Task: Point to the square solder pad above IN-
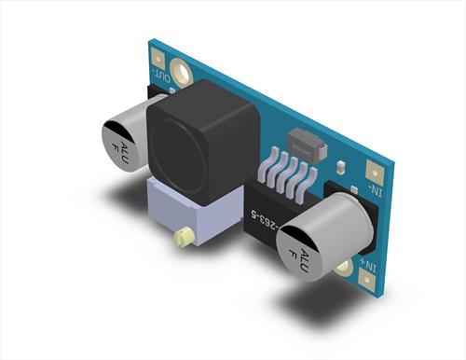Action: (377, 172)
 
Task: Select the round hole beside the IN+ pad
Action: (345, 267)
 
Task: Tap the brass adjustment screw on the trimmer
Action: (185, 238)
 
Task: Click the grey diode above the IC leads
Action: (305, 145)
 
